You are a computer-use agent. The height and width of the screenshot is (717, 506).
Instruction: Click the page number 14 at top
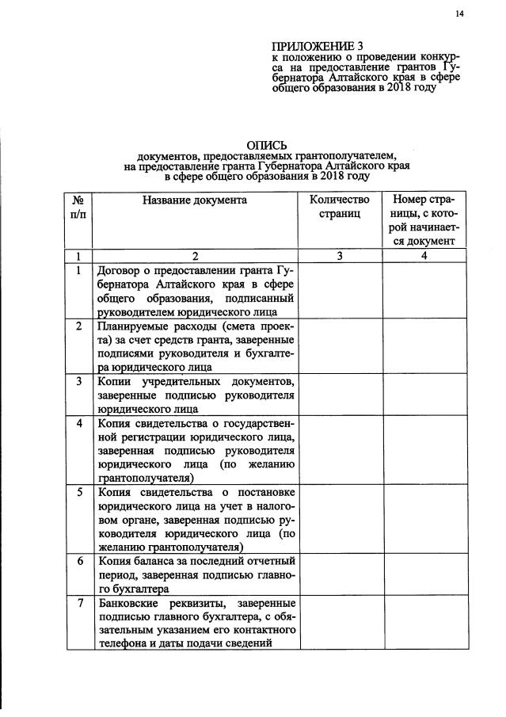tap(458, 13)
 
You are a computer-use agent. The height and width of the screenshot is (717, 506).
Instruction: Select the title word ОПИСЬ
tap(266, 145)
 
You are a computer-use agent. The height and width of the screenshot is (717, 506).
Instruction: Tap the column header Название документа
tap(195, 200)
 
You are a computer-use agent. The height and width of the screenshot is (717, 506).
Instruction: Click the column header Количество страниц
tap(340, 207)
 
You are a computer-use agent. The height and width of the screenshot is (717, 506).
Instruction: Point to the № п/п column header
tap(78, 208)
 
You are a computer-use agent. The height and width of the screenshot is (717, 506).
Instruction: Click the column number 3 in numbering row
tap(340, 255)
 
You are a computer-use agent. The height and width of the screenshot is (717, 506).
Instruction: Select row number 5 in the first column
tap(78, 491)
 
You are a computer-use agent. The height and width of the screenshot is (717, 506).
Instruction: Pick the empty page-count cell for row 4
tap(340, 450)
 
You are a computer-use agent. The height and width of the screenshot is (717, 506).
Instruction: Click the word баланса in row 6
tap(155, 561)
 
